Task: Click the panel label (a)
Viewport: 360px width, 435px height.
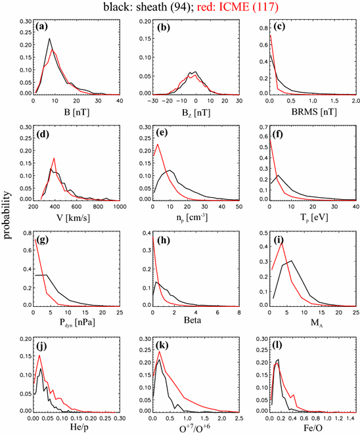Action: (43, 27)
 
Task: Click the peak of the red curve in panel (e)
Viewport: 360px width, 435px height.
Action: (158, 145)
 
